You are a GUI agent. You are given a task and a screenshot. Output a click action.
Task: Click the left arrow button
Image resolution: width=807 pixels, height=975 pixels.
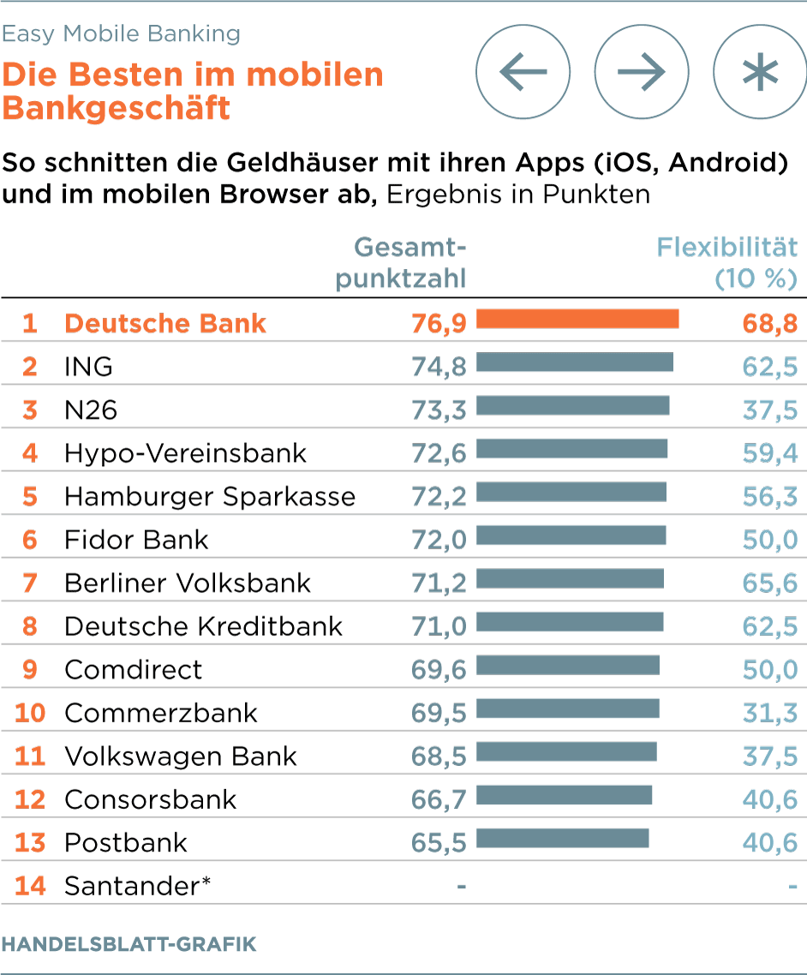[523, 72]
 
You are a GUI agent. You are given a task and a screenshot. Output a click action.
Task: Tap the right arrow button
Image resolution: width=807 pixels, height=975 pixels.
[642, 72]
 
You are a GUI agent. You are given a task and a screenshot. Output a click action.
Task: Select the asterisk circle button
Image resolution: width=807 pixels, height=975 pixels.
[760, 72]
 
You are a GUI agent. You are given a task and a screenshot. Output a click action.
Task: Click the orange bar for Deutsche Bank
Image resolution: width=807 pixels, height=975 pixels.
[577, 320]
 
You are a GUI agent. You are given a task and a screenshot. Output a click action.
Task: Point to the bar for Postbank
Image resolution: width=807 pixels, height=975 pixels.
[562, 839]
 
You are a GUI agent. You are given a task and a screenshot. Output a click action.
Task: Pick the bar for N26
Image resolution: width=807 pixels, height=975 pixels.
[572, 406]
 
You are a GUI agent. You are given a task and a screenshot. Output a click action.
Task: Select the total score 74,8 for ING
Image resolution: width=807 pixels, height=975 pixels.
[439, 367]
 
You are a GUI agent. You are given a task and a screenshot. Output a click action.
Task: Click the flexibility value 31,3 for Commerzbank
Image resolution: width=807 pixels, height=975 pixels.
[769, 713]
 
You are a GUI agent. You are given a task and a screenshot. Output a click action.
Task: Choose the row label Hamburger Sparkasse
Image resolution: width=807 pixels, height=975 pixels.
[210, 497]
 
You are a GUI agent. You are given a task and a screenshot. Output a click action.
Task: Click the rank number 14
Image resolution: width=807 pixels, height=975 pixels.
[30, 886]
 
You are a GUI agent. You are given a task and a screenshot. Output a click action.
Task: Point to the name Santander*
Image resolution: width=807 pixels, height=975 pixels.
[137, 886]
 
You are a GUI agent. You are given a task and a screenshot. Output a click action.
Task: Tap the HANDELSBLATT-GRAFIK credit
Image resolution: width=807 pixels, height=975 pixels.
[129, 945]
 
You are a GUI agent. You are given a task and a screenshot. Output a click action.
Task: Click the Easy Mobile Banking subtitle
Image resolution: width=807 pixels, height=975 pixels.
[121, 34]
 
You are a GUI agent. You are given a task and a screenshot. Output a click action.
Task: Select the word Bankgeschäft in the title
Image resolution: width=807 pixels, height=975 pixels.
[116, 109]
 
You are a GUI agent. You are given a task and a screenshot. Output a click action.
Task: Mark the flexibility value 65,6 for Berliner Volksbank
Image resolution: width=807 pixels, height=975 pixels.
[769, 583]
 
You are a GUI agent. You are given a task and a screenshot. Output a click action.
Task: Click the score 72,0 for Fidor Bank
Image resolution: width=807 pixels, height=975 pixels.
[439, 540]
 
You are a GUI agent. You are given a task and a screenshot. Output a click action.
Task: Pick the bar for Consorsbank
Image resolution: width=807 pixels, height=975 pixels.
[564, 796]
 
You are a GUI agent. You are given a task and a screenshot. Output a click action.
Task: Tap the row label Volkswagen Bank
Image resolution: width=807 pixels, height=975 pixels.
[181, 757]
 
